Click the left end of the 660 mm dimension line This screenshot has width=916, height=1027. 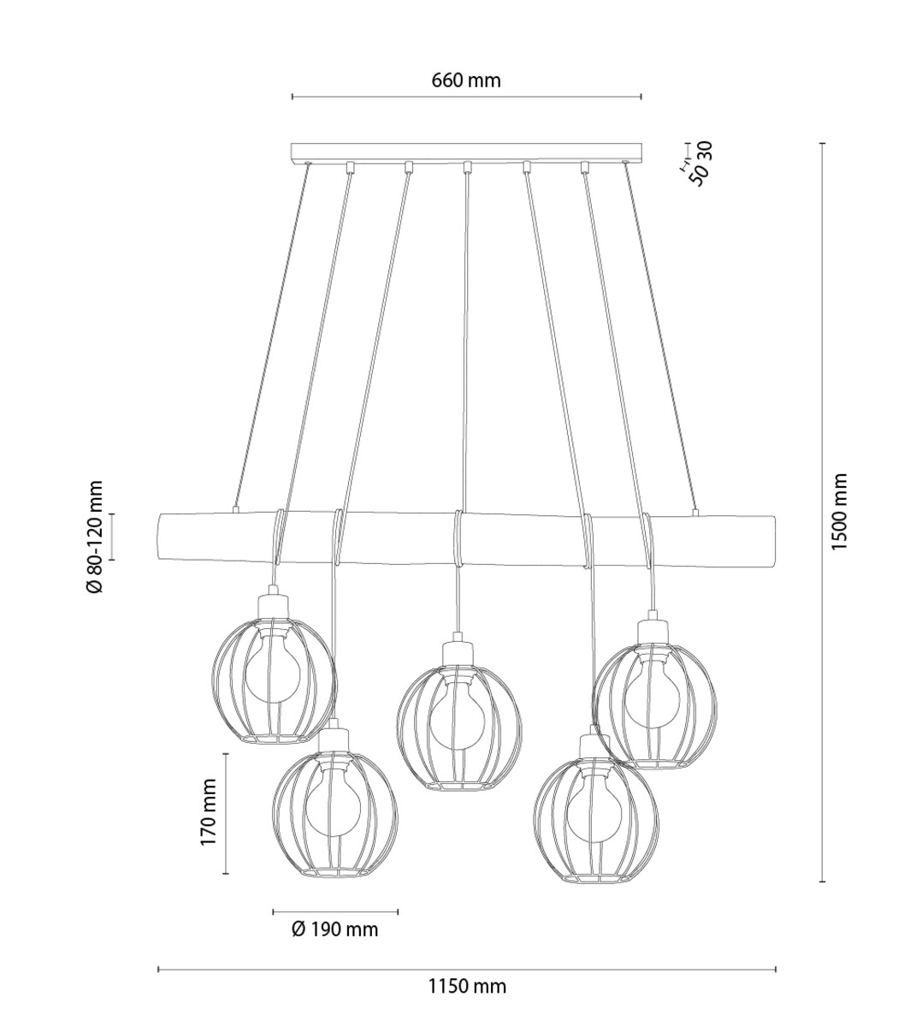click(293, 97)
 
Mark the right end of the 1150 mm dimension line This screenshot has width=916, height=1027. click(776, 969)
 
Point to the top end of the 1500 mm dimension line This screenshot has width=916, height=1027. click(823, 144)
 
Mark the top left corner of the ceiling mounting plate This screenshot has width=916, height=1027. click(292, 144)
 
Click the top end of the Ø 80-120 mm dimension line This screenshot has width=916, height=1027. click(112, 514)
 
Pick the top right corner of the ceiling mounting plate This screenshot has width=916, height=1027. click(642, 144)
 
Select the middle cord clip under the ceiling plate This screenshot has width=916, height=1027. click(468, 166)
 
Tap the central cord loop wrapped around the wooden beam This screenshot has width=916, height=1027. click(458, 538)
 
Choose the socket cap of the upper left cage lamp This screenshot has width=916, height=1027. click(273, 603)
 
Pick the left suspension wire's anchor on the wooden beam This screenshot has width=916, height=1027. click(234, 509)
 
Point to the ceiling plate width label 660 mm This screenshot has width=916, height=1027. click(466, 80)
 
